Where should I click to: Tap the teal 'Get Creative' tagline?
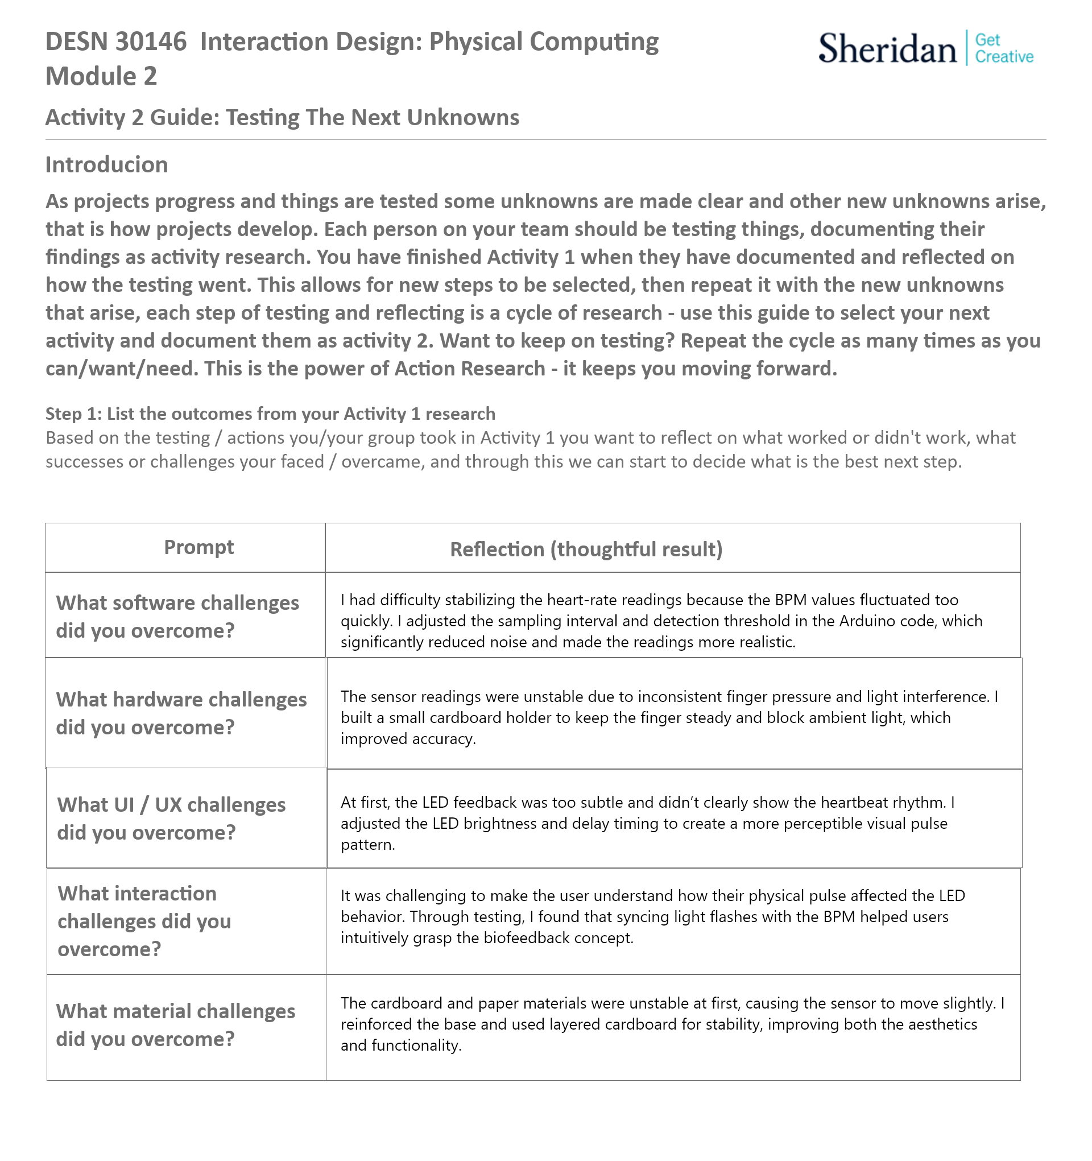coord(1004,48)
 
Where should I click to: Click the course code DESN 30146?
coord(116,42)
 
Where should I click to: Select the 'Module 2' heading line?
coord(102,76)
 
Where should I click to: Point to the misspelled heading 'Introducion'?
coord(107,166)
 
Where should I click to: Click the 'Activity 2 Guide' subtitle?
coord(282,118)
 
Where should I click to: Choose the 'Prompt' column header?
coord(198,547)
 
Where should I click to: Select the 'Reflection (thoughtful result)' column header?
coord(586,549)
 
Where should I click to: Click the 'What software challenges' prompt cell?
coord(177,617)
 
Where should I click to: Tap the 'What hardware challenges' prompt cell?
coord(181,713)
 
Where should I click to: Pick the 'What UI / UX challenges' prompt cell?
coord(171,818)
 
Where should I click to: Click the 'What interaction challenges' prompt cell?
coord(144,921)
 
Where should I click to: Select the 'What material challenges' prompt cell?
coord(175,1025)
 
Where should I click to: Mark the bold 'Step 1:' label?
coord(73,414)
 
